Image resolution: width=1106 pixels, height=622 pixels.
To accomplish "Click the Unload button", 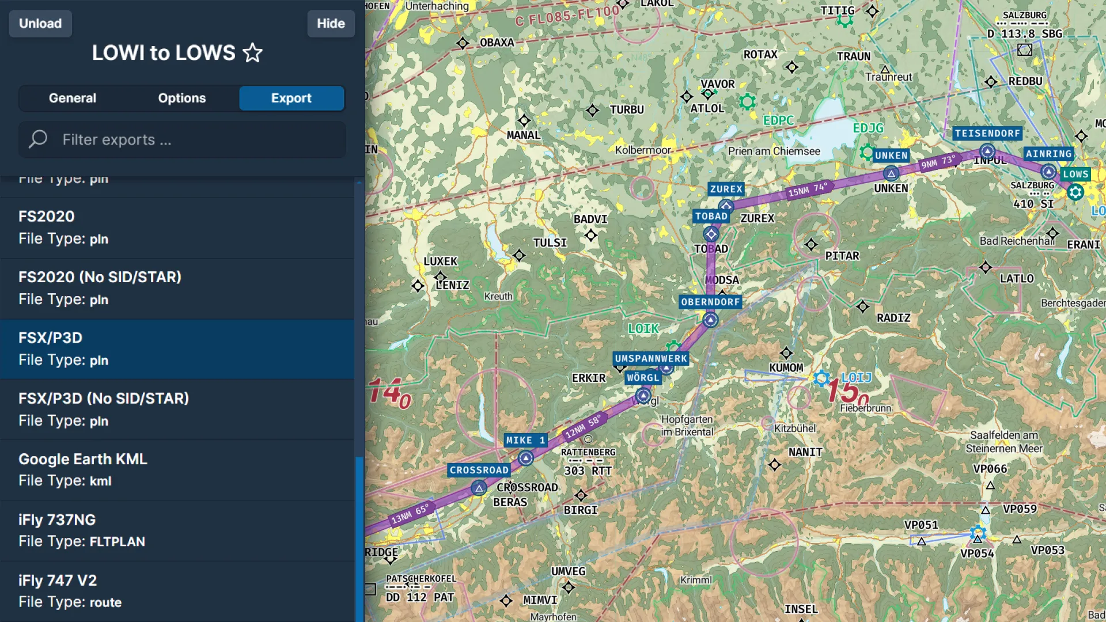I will pyautogui.click(x=40, y=24).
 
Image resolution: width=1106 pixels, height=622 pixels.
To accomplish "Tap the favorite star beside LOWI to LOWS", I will pyautogui.click(x=252, y=53).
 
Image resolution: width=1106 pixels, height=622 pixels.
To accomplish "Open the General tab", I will pyautogui.click(x=73, y=98).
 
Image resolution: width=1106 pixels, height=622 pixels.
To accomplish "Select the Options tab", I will pyautogui.click(x=182, y=98).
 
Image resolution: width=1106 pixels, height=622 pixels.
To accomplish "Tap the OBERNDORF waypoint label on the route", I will pyautogui.click(x=710, y=302).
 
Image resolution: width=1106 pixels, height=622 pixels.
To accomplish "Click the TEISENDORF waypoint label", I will pyautogui.click(x=987, y=134).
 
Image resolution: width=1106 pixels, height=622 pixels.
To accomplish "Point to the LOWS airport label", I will pyautogui.click(x=1075, y=174).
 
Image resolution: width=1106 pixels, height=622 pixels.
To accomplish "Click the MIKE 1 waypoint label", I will pyautogui.click(x=525, y=441).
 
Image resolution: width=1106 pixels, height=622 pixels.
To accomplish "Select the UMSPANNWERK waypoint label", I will pyautogui.click(x=651, y=359).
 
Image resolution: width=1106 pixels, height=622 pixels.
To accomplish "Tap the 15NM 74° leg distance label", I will pyautogui.click(x=808, y=189).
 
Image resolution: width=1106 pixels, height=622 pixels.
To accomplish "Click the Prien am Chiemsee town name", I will pyautogui.click(x=774, y=151).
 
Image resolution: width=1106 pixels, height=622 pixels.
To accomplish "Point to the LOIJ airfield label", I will pyautogui.click(x=857, y=378).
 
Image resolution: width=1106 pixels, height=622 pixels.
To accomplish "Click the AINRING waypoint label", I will pyautogui.click(x=1048, y=154).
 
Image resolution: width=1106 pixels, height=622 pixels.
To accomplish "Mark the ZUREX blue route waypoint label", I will pyautogui.click(x=726, y=189).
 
